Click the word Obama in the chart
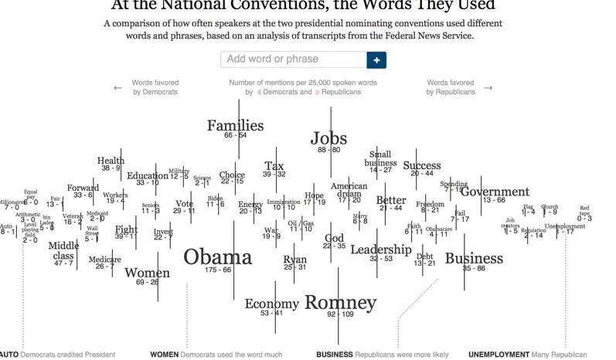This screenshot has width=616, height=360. pyautogui.click(x=218, y=256)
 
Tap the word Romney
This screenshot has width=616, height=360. pyautogui.click(x=340, y=301)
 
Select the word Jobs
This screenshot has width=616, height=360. pyautogui.click(x=329, y=138)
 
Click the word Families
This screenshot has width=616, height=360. pyautogui.click(x=235, y=125)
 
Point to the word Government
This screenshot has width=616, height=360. pyautogui.click(x=495, y=192)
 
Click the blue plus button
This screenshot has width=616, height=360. pyautogui.click(x=376, y=59)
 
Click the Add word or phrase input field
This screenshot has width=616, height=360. pyautogui.click(x=293, y=59)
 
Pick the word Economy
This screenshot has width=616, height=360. pyautogui.click(x=271, y=304)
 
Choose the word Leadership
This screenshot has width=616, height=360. pyautogui.click(x=380, y=250)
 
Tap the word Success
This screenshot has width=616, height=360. pyautogui.click(x=422, y=165)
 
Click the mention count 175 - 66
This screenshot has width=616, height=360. pyautogui.click(x=217, y=270)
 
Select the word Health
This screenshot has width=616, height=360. pyautogui.click(x=111, y=161)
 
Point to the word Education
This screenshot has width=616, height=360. pyautogui.click(x=148, y=175)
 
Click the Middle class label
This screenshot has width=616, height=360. pyautogui.click(x=63, y=250)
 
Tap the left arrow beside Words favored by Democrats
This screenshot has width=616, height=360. pyautogui.click(x=117, y=88)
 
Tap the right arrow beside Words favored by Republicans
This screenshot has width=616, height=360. pyautogui.click(x=488, y=88)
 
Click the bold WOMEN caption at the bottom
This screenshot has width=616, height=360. pyautogui.click(x=164, y=355)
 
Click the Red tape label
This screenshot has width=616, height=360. pyautogui.click(x=584, y=210)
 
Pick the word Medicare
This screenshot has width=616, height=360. pyautogui.click(x=104, y=259)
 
